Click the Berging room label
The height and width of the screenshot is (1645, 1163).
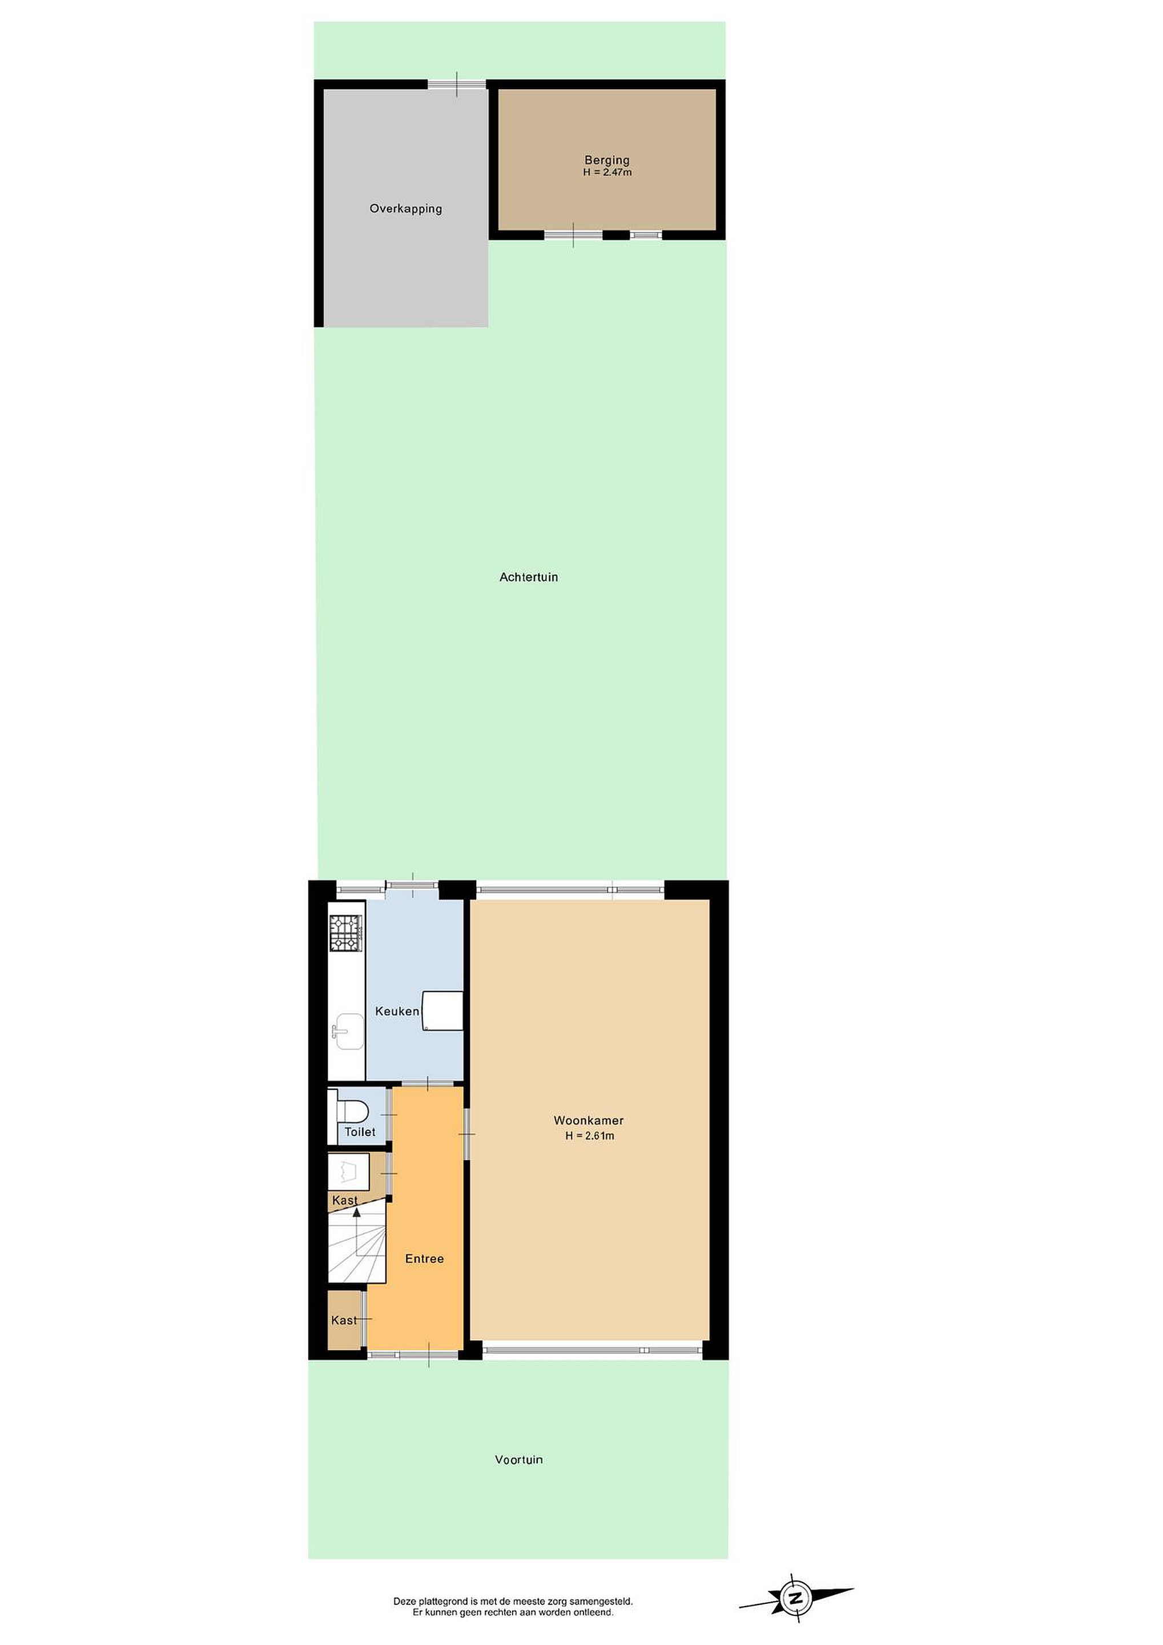[606, 160]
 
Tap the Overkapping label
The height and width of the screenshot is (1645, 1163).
[405, 208]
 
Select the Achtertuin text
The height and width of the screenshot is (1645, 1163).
[529, 577]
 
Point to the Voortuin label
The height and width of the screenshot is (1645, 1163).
[518, 1459]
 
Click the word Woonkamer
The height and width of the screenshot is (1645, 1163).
[589, 1121]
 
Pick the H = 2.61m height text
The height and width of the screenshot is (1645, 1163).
[589, 1136]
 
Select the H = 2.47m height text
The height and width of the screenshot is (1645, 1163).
[607, 172]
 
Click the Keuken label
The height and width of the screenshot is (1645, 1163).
[397, 1011]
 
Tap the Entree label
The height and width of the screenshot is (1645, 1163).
[424, 1259]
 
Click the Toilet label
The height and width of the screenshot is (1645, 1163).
[360, 1132]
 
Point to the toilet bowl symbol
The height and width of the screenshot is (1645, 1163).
[352, 1112]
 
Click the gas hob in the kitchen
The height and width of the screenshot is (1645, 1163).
[346, 933]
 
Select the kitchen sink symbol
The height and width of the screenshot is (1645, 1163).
[347, 1032]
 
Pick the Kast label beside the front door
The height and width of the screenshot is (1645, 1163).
[344, 1321]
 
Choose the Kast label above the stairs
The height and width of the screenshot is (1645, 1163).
[344, 1201]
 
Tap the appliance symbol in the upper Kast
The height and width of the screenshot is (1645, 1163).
[349, 1173]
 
